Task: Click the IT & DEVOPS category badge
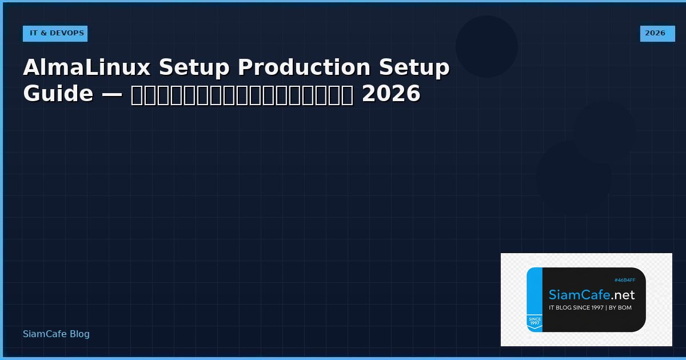(x=56, y=33)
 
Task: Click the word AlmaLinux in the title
(x=87, y=67)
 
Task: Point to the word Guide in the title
(x=58, y=94)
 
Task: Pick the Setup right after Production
(x=414, y=67)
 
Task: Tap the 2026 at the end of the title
(x=391, y=94)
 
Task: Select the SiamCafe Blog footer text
(x=56, y=334)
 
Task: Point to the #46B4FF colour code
(x=625, y=280)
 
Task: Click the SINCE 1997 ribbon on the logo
(x=535, y=322)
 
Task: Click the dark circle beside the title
(x=486, y=46)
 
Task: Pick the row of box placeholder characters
(x=242, y=94)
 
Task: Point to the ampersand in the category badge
(x=43, y=33)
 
